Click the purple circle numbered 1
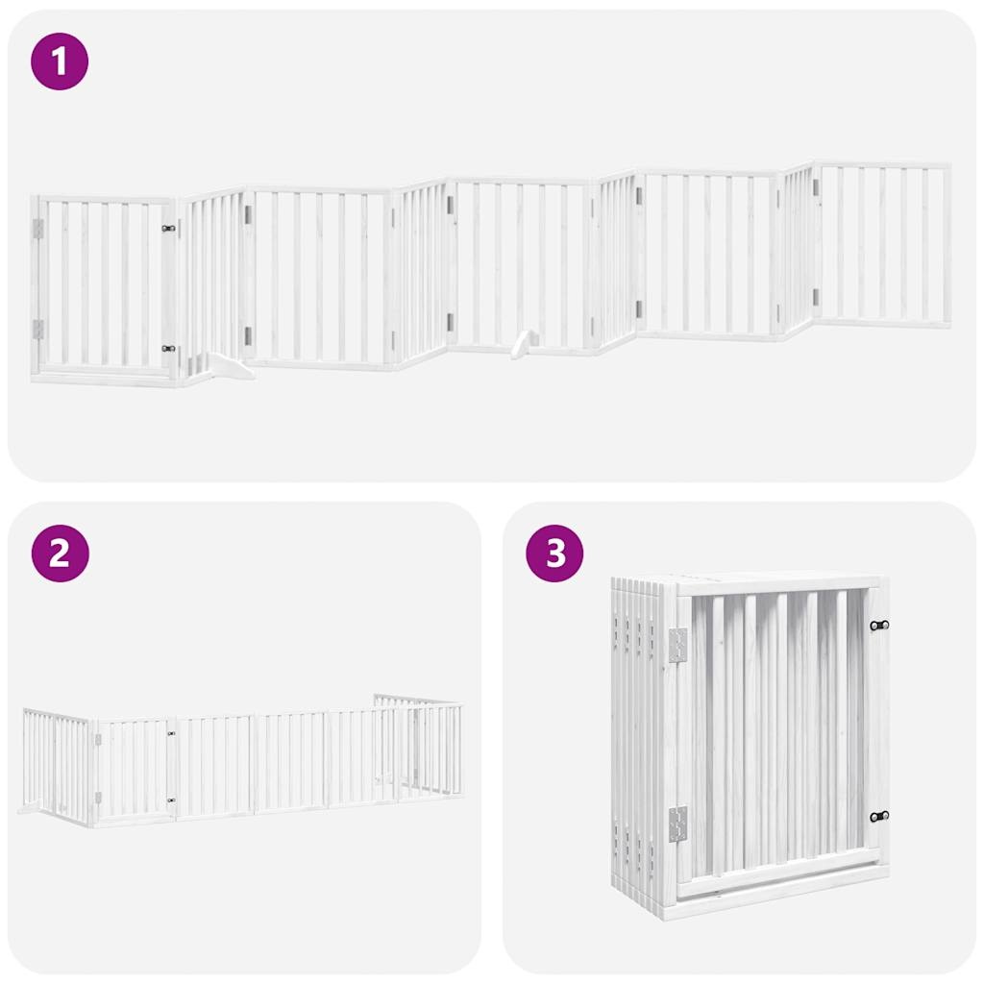click(x=60, y=61)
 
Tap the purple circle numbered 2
click(x=60, y=553)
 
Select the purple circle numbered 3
click(x=554, y=553)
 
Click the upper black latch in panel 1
click(x=169, y=229)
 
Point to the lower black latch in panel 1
click(x=169, y=349)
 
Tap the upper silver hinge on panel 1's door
click(x=38, y=228)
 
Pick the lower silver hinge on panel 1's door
click(x=38, y=329)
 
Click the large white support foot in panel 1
click(x=225, y=365)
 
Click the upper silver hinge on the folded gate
click(x=677, y=645)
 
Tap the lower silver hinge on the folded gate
click(x=677, y=823)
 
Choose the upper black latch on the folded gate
click(x=879, y=626)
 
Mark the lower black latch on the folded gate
click(x=879, y=816)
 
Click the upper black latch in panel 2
click(x=172, y=734)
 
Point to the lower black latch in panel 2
click(x=172, y=799)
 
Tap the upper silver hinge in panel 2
click(x=98, y=738)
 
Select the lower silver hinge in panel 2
click(x=98, y=797)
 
